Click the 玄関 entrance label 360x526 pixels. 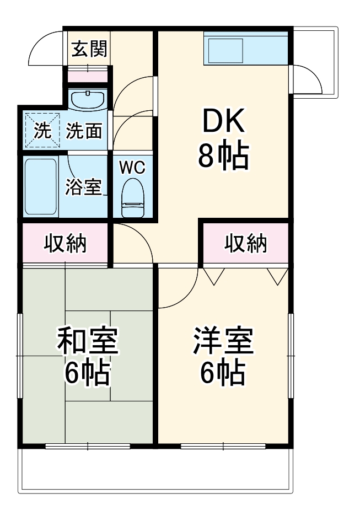[x=89, y=50]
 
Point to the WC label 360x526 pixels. [x=132, y=167]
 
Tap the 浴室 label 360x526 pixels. [x=83, y=187]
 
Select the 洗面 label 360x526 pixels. [x=84, y=131]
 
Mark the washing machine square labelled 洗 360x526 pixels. [x=42, y=131]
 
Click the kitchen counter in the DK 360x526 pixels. [x=245, y=47]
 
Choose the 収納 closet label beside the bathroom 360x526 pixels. [x=66, y=243]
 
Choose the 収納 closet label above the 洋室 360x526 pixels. [x=246, y=243]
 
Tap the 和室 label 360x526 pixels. [x=88, y=341]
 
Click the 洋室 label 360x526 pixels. [x=223, y=341]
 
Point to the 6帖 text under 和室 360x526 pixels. [x=88, y=373]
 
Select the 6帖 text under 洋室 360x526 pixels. [x=223, y=373]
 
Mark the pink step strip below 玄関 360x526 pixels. [x=88, y=74]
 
